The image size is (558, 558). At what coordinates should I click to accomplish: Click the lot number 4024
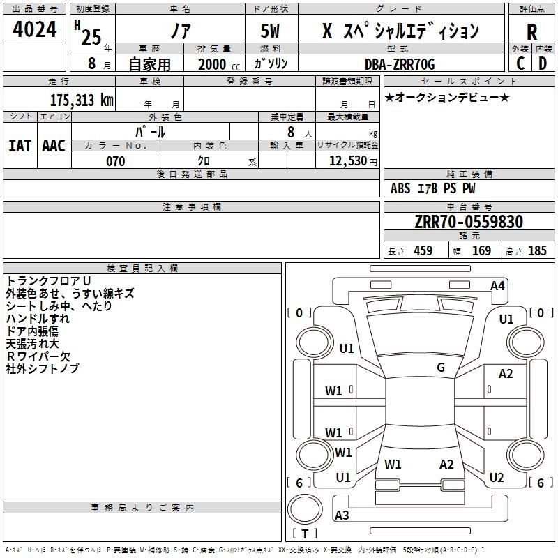34,29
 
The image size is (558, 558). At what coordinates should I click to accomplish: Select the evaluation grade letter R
531,32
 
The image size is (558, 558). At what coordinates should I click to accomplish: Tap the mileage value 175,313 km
82,100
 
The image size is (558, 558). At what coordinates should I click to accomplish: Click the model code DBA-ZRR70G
400,64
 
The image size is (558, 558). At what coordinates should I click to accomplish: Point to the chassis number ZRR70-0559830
469,222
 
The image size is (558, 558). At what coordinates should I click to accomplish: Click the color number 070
116,161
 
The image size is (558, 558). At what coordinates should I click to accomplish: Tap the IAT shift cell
20,146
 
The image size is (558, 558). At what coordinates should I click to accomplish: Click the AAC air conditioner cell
54,146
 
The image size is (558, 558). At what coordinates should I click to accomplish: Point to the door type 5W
270,31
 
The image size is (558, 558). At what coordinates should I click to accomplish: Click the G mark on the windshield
441,368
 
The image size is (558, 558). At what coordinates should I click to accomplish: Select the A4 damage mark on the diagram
497,286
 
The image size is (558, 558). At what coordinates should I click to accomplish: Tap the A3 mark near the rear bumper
342,515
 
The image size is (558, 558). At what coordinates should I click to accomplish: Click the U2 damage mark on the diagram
497,477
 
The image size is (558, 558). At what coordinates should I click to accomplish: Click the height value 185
537,250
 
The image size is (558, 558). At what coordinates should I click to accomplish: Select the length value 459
423,250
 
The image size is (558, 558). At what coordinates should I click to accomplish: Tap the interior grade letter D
543,63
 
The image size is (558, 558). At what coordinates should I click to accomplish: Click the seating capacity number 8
291,132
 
